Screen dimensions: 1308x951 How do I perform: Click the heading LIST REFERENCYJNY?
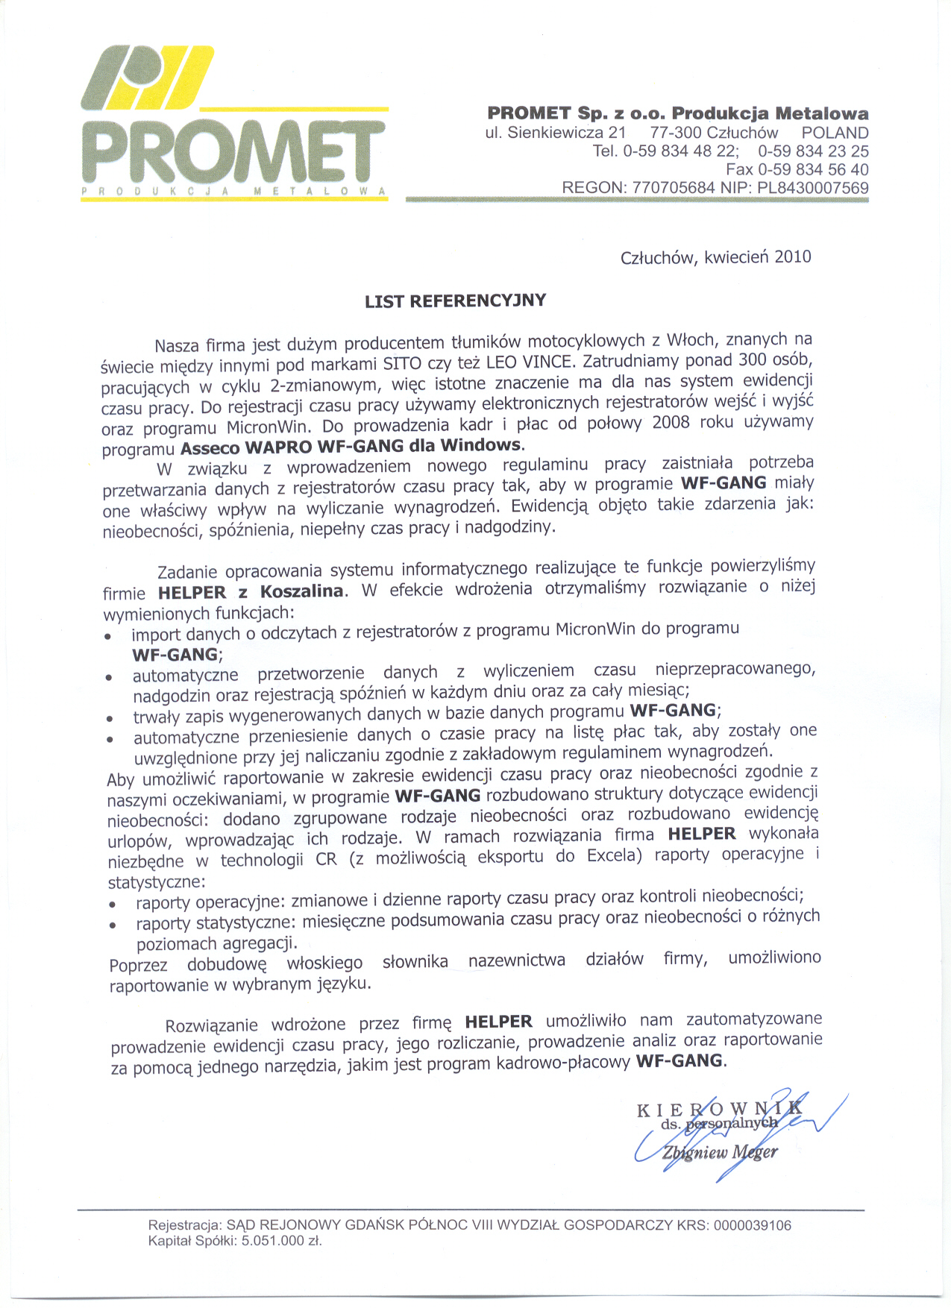tap(455, 301)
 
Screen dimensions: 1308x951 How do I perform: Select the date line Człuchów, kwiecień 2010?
tap(715, 257)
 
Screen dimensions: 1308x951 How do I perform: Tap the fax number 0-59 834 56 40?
tap(813, 169)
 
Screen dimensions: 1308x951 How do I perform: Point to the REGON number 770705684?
tap(673, 188)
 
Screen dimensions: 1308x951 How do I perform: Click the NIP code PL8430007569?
tap(813, 188)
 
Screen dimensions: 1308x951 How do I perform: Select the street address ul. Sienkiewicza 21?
tap(555, 133)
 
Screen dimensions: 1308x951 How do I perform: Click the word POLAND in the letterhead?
tap(835, 133)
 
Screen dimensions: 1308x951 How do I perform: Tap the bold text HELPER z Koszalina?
tap(251, 592)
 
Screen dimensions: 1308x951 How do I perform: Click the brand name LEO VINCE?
tap(531, 362)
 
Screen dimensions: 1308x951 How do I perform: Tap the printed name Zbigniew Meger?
tap(719, 1152)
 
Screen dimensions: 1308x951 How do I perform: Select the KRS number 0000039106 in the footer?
tap(752, 1225)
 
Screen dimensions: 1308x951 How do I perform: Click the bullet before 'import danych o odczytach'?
tap(109, 637)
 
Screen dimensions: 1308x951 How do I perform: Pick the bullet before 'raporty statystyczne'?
tap(113, 925)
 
